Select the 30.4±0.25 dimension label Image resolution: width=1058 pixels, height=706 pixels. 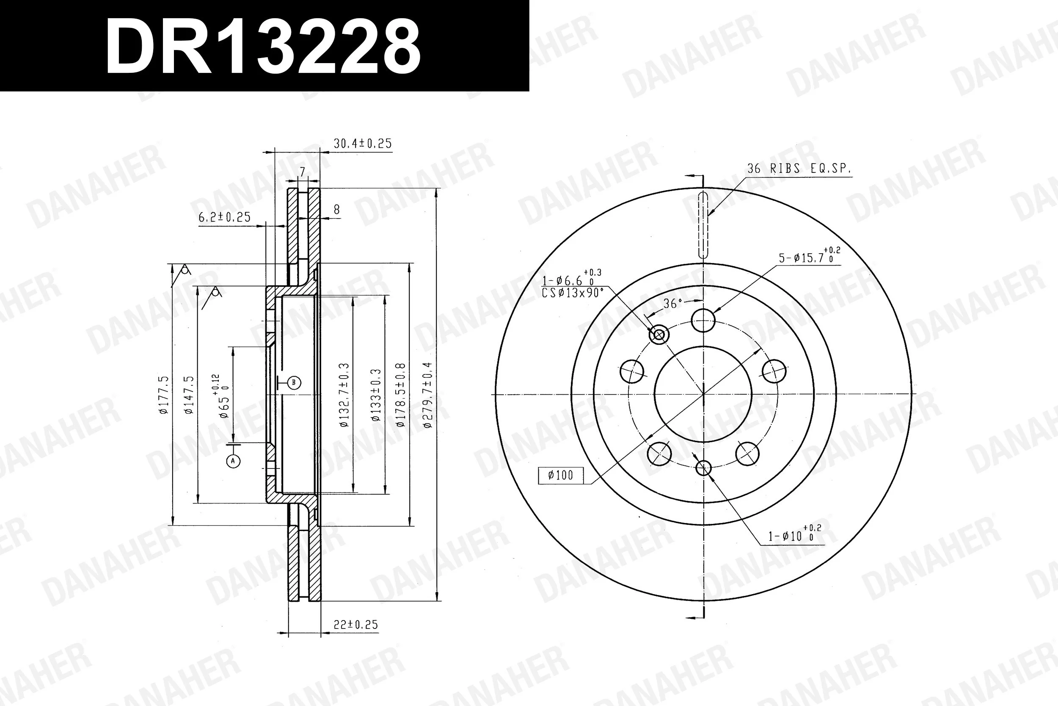click(x=362, y=144)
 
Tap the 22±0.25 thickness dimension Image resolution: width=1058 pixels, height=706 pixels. click(x=355, y=625)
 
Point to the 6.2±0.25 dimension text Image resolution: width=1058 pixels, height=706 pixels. click(x=224, y=217)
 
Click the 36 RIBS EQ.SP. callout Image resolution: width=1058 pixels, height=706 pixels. click(x=799, y=169)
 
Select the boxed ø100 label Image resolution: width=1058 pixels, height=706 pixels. click(x=560, y=475)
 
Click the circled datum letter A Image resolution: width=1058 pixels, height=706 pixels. click(x=233, y=461)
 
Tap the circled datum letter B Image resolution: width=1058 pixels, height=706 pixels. click(x=294, y=383)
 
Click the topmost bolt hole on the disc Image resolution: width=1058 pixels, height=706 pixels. click(x=703, y=321)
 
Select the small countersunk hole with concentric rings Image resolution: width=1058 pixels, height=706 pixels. click(x=659, y=335)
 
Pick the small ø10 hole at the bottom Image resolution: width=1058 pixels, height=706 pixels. click(x=703, y=468)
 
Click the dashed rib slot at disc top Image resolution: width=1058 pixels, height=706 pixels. click(x=703, y=225)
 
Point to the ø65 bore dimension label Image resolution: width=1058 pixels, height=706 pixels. click(x=223, y=396)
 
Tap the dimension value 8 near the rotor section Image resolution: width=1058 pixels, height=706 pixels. click(x=336, y=209)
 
